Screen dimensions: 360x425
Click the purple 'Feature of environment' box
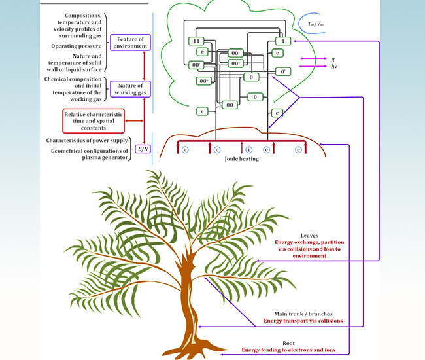click(x=131, y=43)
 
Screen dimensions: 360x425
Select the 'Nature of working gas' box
click(x=131, y=89)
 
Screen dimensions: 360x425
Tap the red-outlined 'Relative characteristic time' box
click(x=93, y=122)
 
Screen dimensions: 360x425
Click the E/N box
click(x=142, y=150)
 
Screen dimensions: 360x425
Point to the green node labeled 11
click(x=195, y=41)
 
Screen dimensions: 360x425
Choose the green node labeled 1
click(x=279, y=41)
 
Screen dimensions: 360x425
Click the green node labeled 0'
click(x=283, y=71)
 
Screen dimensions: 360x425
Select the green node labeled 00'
click(x=195, y=65)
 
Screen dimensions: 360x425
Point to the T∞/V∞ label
click(x=317, y=24)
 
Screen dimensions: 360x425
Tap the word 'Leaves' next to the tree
click(x=309, y=236)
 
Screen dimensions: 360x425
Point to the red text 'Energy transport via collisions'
click(x=303, y=321)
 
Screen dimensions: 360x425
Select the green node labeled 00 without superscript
click(x=229, y=105)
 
